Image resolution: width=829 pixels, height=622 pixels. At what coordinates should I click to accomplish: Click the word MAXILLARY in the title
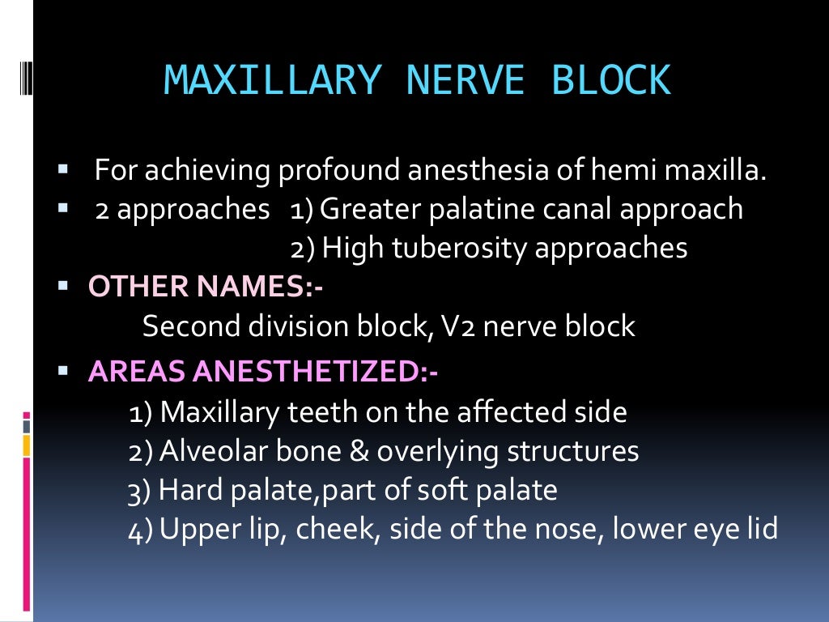click(270, 79)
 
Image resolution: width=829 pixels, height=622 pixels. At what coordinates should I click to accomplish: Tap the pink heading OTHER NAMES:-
click(206, 286)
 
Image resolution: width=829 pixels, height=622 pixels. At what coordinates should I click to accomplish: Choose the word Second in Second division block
click(192, 326)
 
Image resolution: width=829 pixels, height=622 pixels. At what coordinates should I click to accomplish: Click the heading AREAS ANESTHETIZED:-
click(263, 372)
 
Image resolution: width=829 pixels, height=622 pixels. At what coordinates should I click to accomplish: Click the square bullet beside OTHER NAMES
click(65, 286)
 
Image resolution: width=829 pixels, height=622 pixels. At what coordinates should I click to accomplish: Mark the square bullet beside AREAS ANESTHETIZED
click(65, 372)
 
